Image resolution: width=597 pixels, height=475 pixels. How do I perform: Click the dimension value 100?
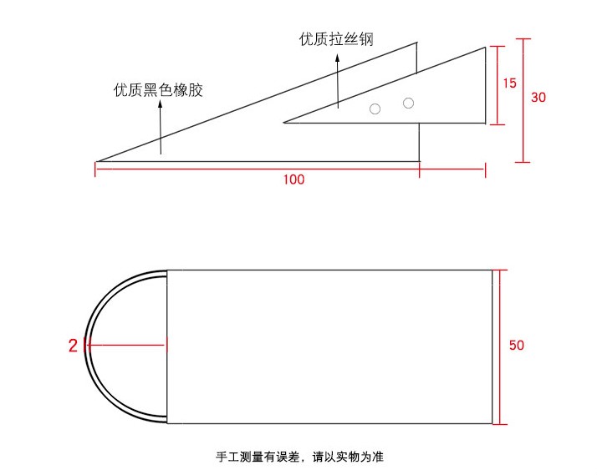tap(293, 179)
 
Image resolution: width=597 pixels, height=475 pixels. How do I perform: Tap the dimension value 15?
tap(510, 83)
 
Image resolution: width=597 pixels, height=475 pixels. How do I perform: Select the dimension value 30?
tap(538, 97)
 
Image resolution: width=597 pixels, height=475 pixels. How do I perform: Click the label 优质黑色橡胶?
tap(158, 90)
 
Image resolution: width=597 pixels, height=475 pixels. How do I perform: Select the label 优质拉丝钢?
tap(335, 39)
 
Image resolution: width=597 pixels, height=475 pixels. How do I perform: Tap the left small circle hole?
tap(375, 109)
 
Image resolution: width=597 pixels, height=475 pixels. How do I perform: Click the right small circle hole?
tap(408, 103)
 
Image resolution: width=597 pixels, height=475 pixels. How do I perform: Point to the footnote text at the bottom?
tap(298, 457)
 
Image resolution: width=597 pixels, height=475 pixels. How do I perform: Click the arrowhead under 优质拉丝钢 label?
tap(338, 58)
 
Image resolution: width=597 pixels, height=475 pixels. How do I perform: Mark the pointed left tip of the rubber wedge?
tap(97, 161)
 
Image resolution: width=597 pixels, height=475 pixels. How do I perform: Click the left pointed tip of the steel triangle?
tap(285, 123)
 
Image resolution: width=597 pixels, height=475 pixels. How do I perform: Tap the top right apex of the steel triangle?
tap(486, 48)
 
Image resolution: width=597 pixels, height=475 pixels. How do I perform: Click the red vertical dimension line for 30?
tap(523, 100)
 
